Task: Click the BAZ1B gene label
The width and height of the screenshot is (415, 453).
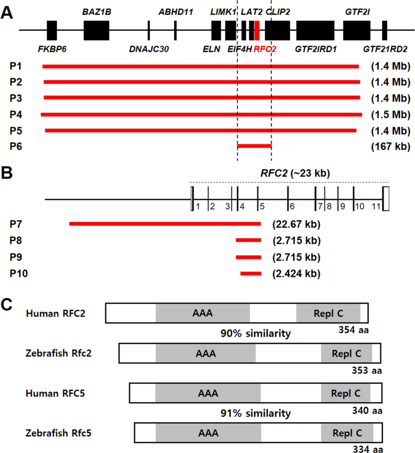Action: point(95,11)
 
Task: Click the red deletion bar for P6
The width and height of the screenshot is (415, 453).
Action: point(254,146)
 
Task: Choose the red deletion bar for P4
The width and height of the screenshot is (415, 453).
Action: point(201,114)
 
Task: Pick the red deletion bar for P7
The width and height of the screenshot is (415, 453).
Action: point(165,224)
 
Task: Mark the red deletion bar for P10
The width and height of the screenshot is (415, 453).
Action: point(250,273)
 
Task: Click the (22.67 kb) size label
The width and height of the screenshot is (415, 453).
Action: point(296,225)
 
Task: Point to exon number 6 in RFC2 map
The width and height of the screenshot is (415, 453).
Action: point(292,207)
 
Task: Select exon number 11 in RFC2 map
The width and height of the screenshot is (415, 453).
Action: point(376,207)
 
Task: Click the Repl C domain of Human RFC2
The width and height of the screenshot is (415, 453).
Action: point(328,313)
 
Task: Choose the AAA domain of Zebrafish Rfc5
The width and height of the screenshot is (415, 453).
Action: point(208,434)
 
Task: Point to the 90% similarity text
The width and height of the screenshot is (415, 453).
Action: point(256,333)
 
